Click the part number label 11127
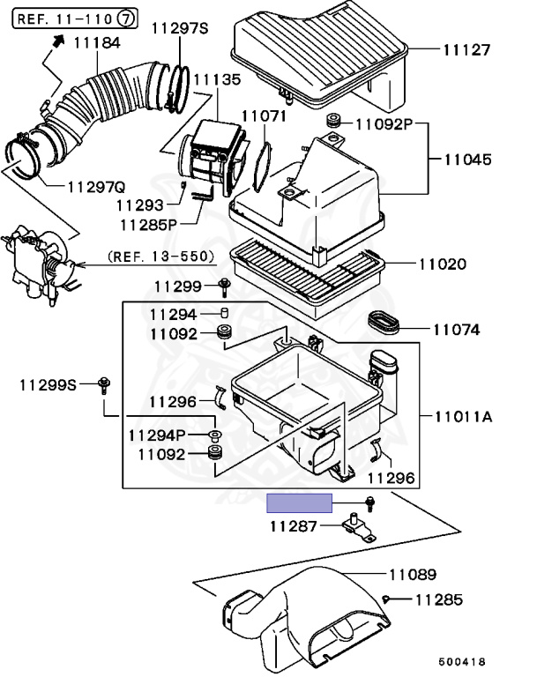click(x=466, y=50)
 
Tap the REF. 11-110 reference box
click(x=75, y=19)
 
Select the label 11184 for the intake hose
click(x=97, y=42)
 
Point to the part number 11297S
click(x=180, y=28)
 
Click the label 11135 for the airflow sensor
click(x=217, y=80)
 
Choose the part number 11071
click(x=264, y=116)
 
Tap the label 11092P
click(x=384, y=124)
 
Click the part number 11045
click(x=468, y=160)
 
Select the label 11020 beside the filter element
click(x=443, y=264)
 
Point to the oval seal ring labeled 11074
click(x=384, y=323)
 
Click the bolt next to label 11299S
click(x=104, y=384)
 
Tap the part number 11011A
click(x=463, y=417)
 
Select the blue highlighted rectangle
click(x=300, y=503)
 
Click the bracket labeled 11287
click(x=358, y=528)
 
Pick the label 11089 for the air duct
click(x=413, y=575)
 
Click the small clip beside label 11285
click(x=386, y=599)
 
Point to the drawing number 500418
click(x=462, y=662)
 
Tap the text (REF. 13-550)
click(x=161, y=257)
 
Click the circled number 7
click(x=126, y=19)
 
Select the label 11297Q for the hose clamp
click(x=96, y=188)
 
